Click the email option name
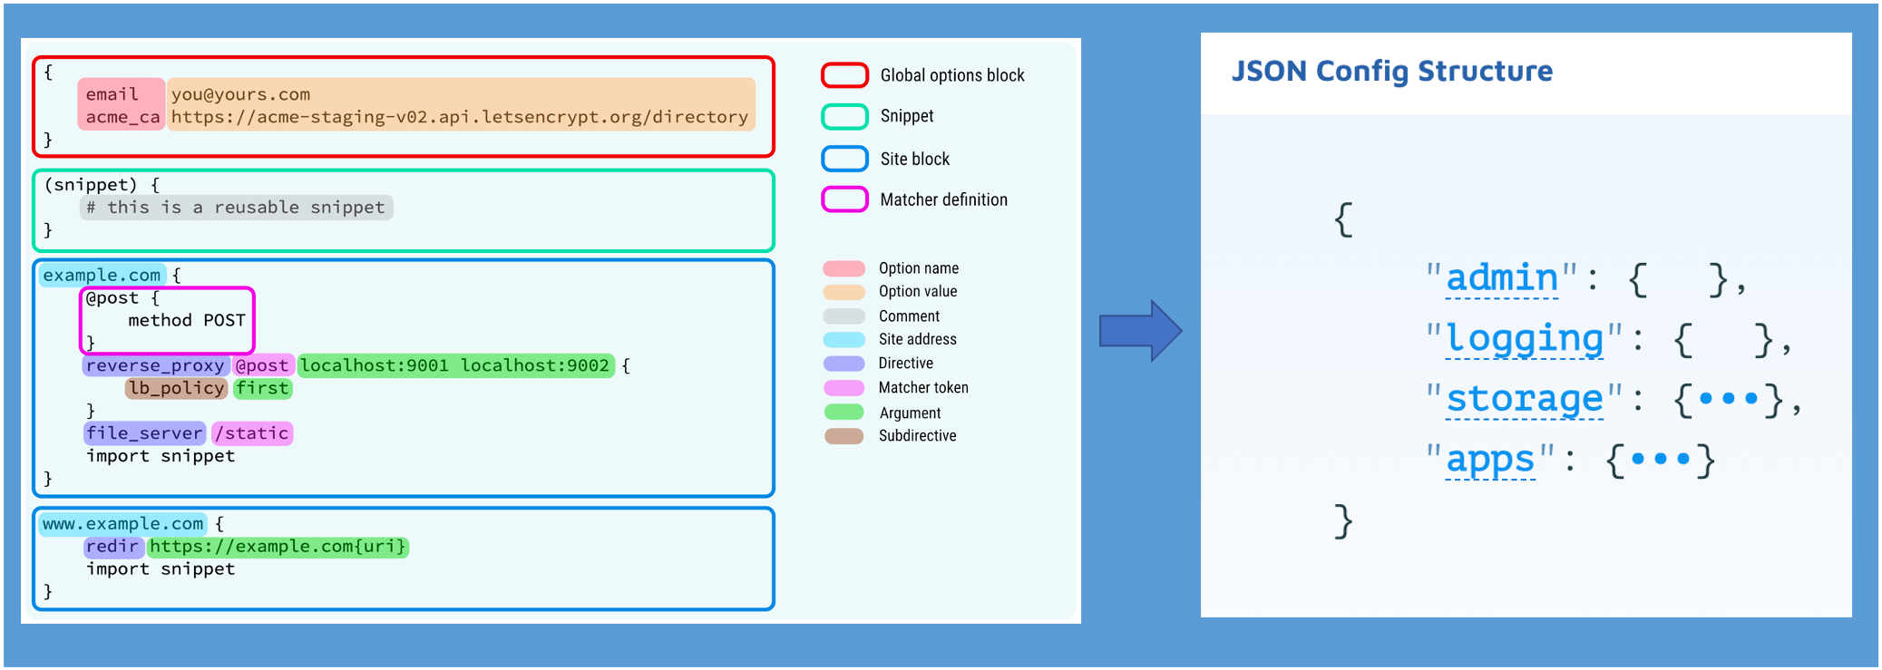coord(112,94)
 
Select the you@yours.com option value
coord(240,94)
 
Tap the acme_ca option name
coord(122,117)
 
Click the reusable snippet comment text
coord(236,208)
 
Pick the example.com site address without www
coord(102,275)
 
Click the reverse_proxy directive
coord(155,365)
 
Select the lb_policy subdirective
coord(176,388)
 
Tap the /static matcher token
coord(252,433)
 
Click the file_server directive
coord(144,433)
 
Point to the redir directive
coord(112,547)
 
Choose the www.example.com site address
coord(123,524)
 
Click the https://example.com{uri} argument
coord(278,547)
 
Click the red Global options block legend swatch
coord(844,75)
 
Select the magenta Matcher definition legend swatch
coord(844,199)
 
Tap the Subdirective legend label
coord(917,436)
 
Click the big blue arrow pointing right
coord(1140,331)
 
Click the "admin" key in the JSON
coord(1502,278)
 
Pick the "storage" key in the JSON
coord(1524,399)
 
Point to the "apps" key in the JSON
coord(1490,460)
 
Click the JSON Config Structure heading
coord(1392,71)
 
